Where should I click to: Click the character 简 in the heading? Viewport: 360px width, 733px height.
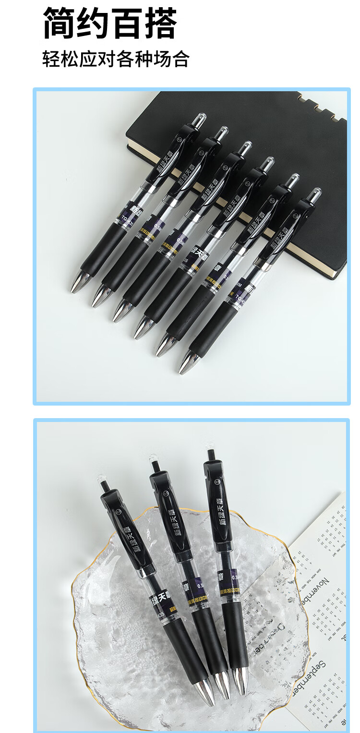[x=60, y=23]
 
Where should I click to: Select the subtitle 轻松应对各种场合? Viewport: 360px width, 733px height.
[x=116, y=59]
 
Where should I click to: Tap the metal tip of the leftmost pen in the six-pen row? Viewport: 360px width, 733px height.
[x=79, y=282]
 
